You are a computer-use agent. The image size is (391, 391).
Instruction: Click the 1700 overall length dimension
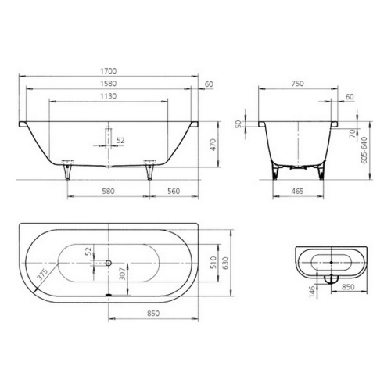[109, 71]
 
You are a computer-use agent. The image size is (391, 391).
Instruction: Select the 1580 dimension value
[109, 84]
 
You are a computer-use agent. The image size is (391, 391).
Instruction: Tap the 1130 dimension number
[109, 96]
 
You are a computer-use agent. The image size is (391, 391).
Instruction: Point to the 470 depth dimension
[213, 145]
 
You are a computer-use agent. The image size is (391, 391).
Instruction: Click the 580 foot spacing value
[108, 192]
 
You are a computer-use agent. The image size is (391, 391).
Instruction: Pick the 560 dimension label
[174, 192]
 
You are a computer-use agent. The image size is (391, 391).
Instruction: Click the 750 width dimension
[298, 84]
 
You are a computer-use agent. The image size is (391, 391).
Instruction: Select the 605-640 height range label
[364, 150]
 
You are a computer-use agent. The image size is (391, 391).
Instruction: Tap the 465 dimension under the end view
[297, 192]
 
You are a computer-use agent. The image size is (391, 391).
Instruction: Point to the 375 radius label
[42, 274]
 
